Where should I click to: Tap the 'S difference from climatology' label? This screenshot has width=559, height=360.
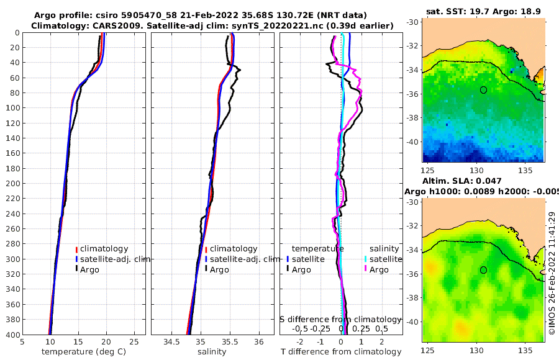(341, 318)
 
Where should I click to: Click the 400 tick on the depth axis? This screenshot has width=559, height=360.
(12, 335)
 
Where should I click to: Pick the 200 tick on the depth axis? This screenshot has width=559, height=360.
(12, 184)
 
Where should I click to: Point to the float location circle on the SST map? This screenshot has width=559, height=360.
(483, 90)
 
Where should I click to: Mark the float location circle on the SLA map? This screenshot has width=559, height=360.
(483, 270)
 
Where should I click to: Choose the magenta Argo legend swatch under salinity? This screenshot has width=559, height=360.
(366, 269)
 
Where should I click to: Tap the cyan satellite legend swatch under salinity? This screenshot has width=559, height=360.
(366, 259)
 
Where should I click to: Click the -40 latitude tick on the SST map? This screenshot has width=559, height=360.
(412, 142)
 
